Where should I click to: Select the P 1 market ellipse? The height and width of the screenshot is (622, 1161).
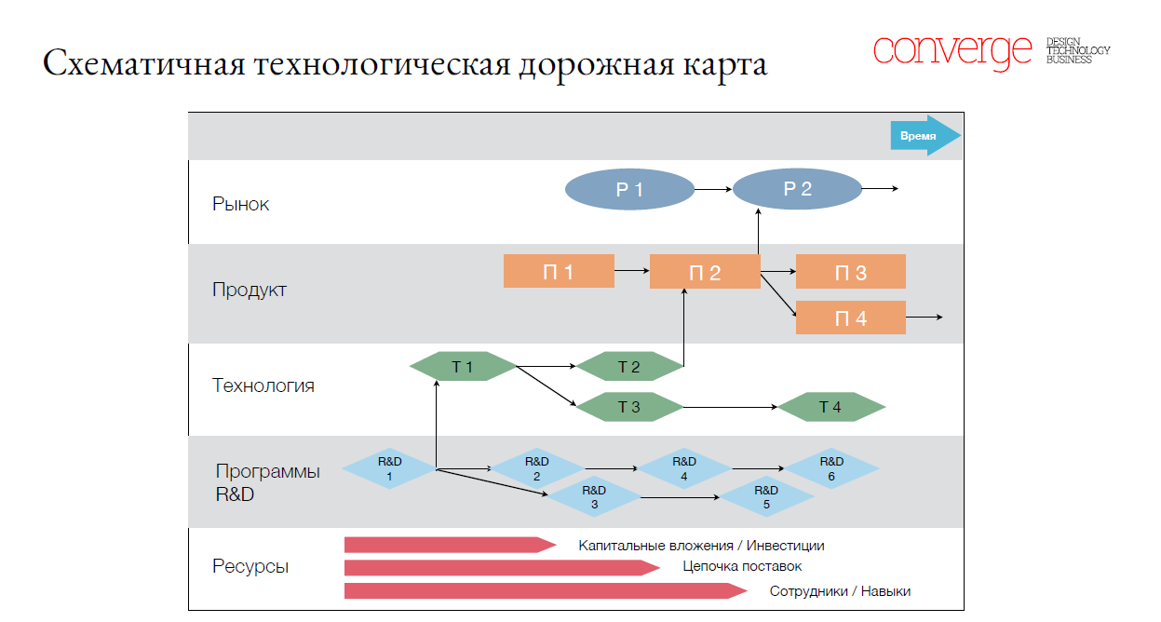coord(629,190)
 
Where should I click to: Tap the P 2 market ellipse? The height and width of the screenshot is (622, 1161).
coord(797,190)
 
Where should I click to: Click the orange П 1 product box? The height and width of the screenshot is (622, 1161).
coord(559,271)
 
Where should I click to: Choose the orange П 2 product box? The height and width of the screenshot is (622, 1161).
coord(705,272)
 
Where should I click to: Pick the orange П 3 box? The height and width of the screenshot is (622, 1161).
coord(850,272)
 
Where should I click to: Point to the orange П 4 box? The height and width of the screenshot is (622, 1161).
coord(850,318)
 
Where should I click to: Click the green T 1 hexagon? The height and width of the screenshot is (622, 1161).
coord(463,367)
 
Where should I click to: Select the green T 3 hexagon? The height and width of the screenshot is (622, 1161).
coord(629,406)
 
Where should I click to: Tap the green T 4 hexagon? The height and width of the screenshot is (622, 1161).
coord(830,407)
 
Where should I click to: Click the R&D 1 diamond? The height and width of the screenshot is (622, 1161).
coord(389,468)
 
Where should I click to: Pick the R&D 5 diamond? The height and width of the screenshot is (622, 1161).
coord(766,497)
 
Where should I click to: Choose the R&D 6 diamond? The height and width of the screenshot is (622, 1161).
coord(832,468)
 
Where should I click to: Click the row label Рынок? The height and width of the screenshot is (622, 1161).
coord(240,204)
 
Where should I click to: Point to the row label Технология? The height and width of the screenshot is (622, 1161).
coord(263,385)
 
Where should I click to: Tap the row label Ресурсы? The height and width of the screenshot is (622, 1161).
coord(250,566)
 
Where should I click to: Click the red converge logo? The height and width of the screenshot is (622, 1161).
coord(952,50)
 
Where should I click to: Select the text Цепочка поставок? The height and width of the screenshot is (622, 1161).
coord(742,566)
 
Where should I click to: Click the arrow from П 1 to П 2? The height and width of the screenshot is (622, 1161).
coord(631,271)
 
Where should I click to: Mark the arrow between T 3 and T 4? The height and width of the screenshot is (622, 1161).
coord(731,407)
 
